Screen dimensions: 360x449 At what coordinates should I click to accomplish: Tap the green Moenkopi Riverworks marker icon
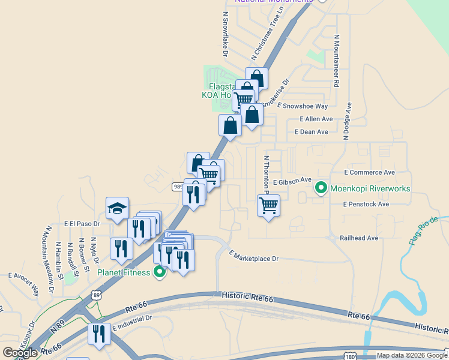[321, 188]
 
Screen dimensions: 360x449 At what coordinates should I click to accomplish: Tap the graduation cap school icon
[117, 209]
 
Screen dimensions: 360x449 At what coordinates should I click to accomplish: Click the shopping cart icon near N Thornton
[268, 206]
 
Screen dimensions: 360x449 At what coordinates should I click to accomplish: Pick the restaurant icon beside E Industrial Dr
[99, 334]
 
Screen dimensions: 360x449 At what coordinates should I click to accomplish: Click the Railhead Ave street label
[359, 238]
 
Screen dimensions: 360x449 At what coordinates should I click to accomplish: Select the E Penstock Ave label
[366, 204]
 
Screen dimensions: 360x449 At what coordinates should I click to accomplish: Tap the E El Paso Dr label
[82, 223]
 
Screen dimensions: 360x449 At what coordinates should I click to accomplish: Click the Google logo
[20, 353]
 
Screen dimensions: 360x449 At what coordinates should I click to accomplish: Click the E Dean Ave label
[312, 132]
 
